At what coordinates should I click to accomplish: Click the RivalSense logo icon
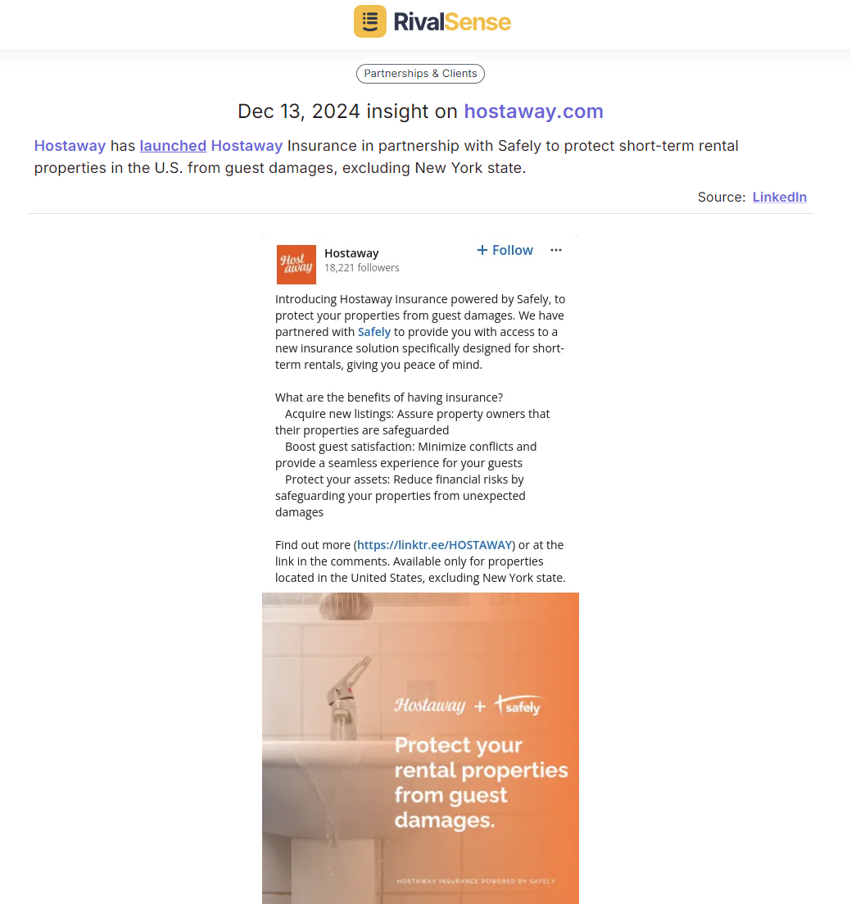[x=369, y=21]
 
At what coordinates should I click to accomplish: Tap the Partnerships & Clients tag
[x=420, y=74]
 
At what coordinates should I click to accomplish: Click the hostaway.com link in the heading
[x=533, y=111]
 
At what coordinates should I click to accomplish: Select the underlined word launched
[x=173, y=146]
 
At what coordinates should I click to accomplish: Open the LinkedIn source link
[x=779, y=197]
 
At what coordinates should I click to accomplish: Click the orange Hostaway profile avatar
[x=296, y=264]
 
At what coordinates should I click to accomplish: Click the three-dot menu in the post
[x=556, y=250]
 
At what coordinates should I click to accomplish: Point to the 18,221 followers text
[x=361, y=268]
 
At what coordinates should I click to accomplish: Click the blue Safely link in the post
[x=374, y=332]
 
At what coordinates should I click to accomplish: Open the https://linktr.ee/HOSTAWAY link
[x=435, y=545]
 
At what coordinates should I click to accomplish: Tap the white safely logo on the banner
[x=519, y=705]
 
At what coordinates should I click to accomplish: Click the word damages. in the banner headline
[x=444, y=820]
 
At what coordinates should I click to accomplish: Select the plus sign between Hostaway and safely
[x=480, y=706]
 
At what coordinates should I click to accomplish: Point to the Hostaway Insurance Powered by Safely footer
[x=475, y=882]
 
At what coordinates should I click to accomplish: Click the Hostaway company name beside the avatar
[x=351, y=253]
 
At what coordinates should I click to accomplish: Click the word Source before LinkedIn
[x=721, y=197]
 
